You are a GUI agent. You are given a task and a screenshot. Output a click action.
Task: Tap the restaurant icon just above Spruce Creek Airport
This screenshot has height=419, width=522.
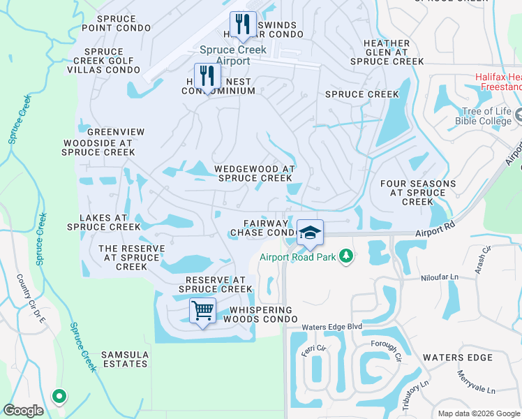243,25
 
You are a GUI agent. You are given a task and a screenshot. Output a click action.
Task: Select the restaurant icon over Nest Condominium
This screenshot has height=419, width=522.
207,76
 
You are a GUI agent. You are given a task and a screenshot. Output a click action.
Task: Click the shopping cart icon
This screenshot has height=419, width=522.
202,310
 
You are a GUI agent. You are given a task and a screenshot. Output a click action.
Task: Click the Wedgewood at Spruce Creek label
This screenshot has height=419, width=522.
253,173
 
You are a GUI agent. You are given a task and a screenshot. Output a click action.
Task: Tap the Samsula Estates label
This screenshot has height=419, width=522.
125,359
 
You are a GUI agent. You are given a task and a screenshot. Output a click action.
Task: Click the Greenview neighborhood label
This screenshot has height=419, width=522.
116,132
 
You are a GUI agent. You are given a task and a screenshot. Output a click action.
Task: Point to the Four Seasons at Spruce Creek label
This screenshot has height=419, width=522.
417,193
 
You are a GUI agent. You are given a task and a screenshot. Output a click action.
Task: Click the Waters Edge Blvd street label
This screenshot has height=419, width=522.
332,327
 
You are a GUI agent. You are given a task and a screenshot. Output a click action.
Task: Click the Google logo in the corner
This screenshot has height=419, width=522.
23,411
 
